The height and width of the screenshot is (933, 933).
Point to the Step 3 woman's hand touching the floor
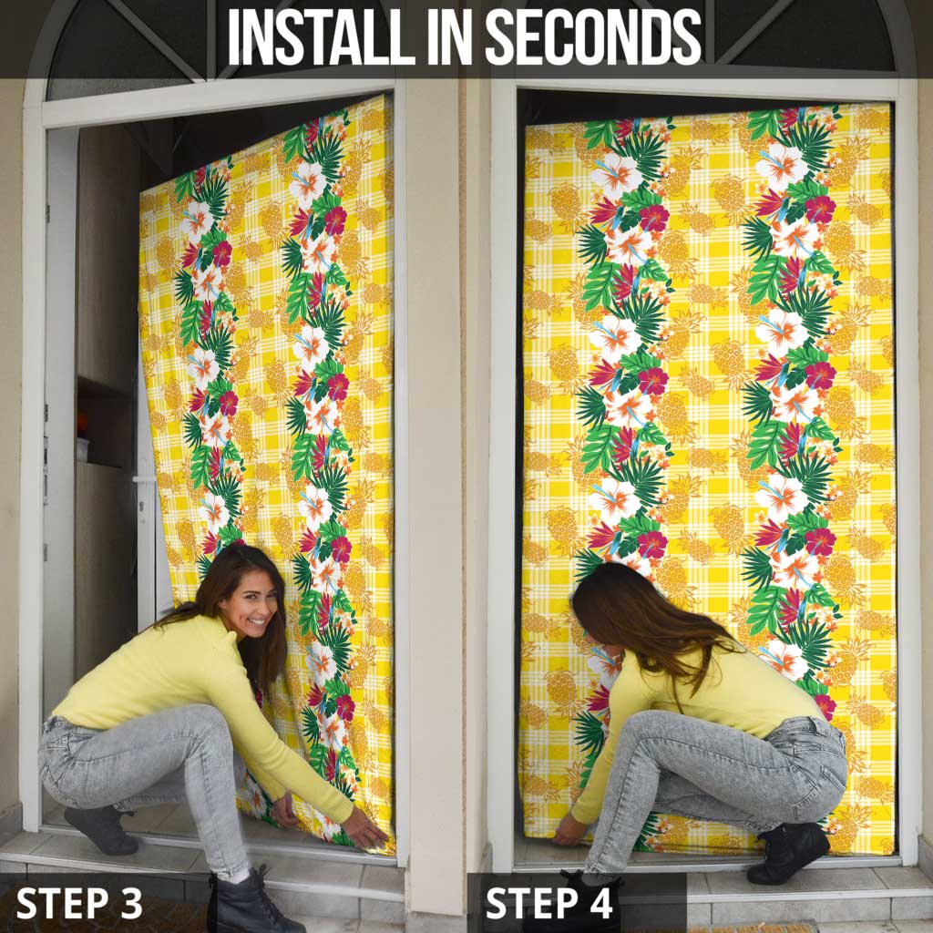tap(364, 829)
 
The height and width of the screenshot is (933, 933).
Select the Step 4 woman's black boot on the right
tap(788, 852)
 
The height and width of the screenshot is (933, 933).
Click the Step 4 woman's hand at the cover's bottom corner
tap(569, 831)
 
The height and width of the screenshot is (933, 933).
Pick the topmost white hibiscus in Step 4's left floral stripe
tap(617, 173)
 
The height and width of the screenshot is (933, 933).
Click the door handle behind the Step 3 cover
tap(143, 478)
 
